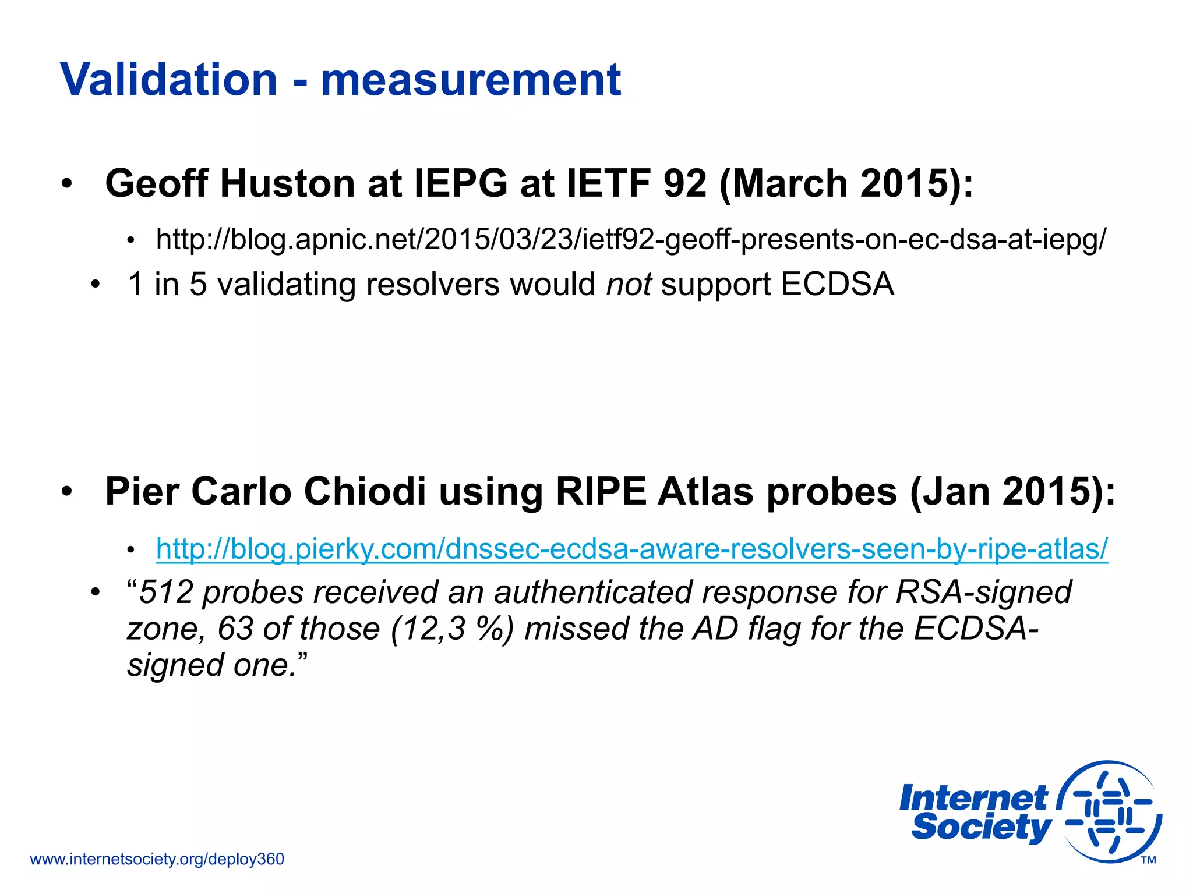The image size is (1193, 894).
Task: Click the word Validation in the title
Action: [x=168, y=80]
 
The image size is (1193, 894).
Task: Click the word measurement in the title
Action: [x=471, y=80]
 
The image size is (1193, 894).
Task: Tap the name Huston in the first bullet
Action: [x=287, y=184]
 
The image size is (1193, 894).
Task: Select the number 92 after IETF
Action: [x=684, y=184]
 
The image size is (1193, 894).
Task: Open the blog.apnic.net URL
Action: [x=631, y=239]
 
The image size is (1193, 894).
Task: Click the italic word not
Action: [x=629, y=285]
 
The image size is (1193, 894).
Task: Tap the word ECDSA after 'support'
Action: [x=837, y=285]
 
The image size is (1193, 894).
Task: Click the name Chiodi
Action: [x=365, y=492]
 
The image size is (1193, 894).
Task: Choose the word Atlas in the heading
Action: [x=706, y=492]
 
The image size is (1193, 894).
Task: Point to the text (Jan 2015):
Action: [x=1012, y=492]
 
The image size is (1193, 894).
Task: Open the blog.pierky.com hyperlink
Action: [x=632, y=549]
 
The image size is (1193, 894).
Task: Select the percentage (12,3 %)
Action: [x=452, y=629]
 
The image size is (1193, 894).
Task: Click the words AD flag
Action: [x=746, y=629]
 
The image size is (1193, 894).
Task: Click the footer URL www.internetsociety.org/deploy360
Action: [x=157, y=859]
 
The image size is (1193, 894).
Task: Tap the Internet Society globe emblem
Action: [x=1109, y=811]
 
